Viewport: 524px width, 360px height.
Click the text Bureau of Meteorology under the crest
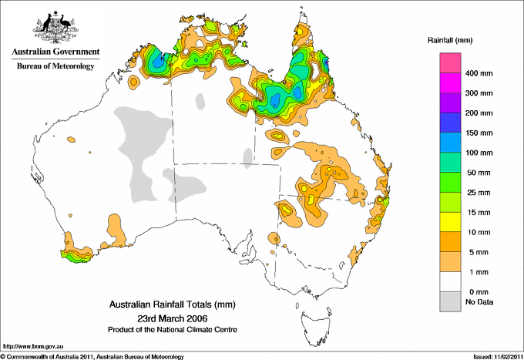coord(55,66)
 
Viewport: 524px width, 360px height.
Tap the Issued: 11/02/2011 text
coord(492,356)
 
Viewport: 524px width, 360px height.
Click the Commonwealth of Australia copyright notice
coord(92,356)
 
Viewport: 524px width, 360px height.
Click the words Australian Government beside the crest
coord(55,52)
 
